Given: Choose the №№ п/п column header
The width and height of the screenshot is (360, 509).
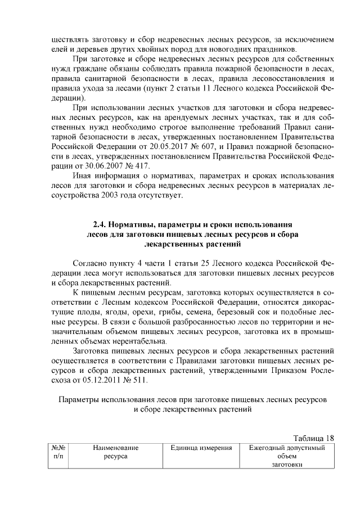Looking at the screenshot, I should (58, 452).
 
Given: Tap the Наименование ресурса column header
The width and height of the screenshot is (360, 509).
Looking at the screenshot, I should (116, 452).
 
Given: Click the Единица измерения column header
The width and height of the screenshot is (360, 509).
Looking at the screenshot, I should (202, 448).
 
